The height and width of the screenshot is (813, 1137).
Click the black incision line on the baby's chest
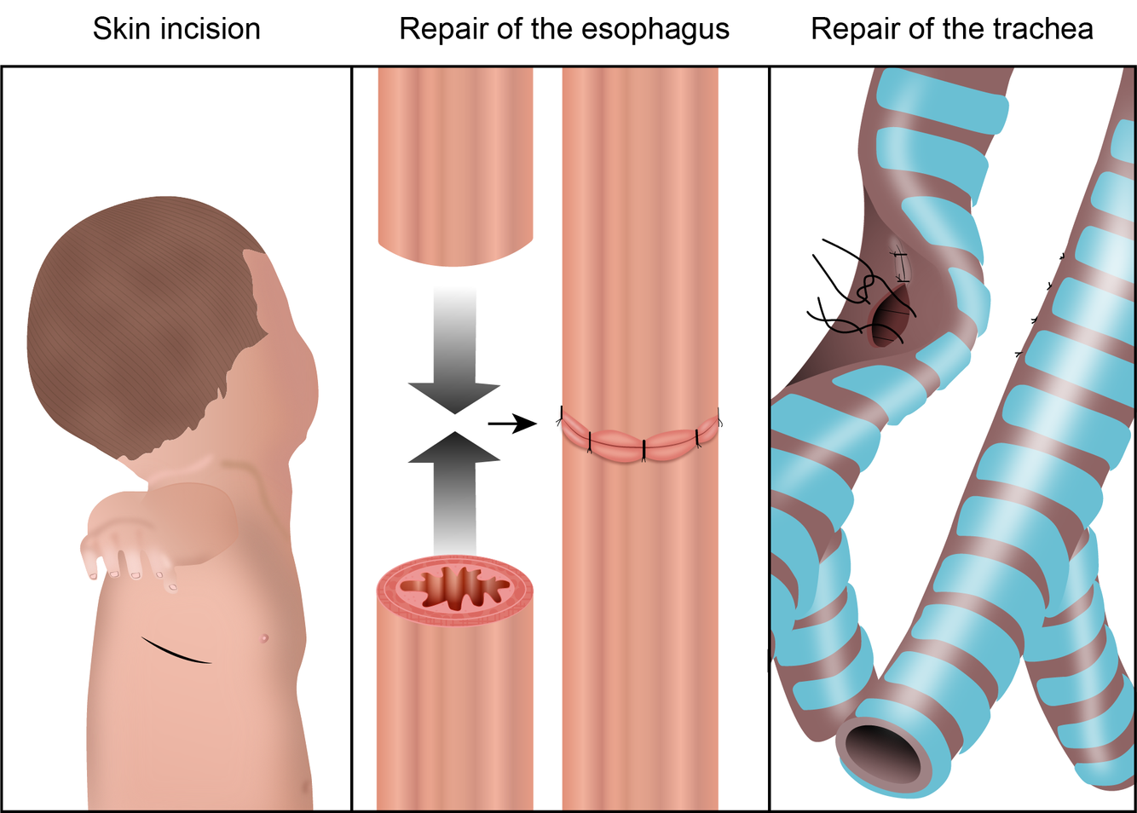coord(176,650)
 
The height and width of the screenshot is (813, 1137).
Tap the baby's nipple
coord(264,637)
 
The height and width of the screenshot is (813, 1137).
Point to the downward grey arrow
coord(454,358)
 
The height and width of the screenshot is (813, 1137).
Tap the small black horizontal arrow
coord(511,423)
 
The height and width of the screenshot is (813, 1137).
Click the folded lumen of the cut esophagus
coord(455,589)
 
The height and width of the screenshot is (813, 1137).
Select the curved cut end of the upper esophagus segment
coord(455,251)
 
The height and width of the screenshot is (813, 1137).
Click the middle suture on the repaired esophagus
coord(644,449)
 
